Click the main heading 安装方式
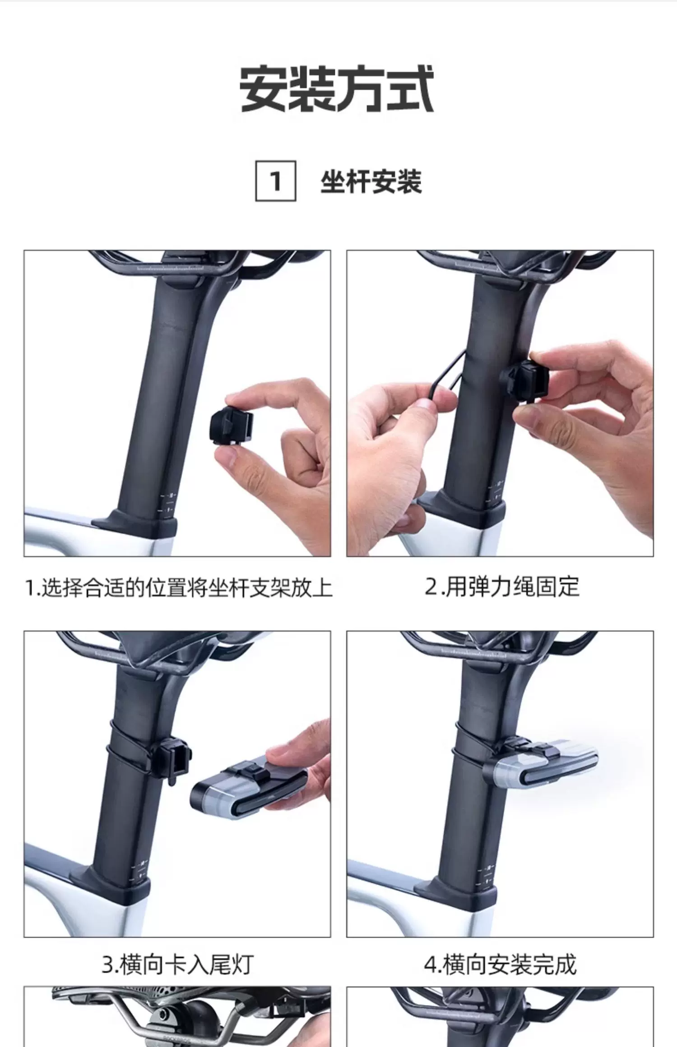coord(336,89)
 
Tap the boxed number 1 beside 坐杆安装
coord(276,181)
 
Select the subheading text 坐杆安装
coord(371,182)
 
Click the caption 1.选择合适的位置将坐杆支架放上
coord(178,588)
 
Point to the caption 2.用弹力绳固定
coord(502,587)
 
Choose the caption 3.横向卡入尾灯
coord(177,964)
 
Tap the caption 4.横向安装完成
coord(500,964)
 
